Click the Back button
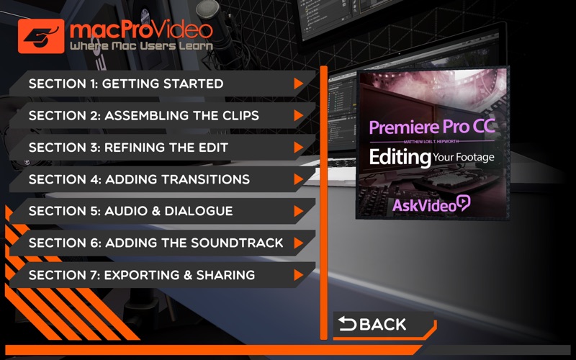click(383, 325)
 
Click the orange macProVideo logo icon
click(41, 36)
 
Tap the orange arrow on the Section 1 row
click(298, 84)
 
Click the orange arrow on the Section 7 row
click(298, 275)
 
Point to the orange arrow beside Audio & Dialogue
click(298, 211)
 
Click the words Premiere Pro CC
click(432, 127)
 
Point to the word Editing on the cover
click(400, 158)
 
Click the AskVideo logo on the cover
click(431, 204)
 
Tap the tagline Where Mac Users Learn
click(141, 46)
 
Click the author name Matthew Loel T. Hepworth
click(431, 142)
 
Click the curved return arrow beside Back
click(347, 323)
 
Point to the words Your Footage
click(464, 158)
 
